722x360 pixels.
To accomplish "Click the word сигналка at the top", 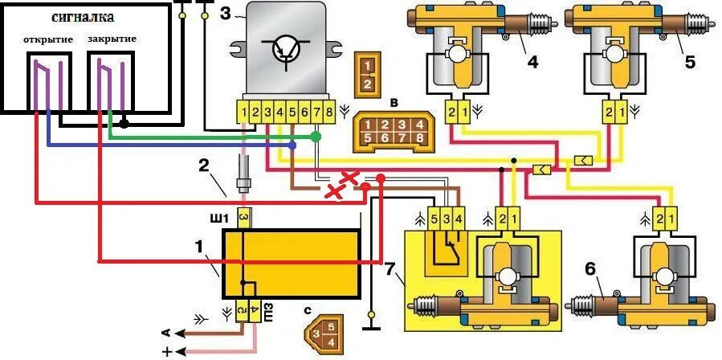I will point(82,17).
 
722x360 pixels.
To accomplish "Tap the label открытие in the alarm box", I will point(48,39).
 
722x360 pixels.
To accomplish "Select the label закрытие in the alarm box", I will point(112,39).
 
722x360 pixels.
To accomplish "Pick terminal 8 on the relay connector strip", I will point(329,112).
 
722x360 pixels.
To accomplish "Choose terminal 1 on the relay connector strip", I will point(243,112).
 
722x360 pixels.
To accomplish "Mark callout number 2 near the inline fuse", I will point(204,166).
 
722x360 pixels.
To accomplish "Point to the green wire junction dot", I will point(316,137).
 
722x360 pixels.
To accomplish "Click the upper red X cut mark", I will point(349,176).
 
